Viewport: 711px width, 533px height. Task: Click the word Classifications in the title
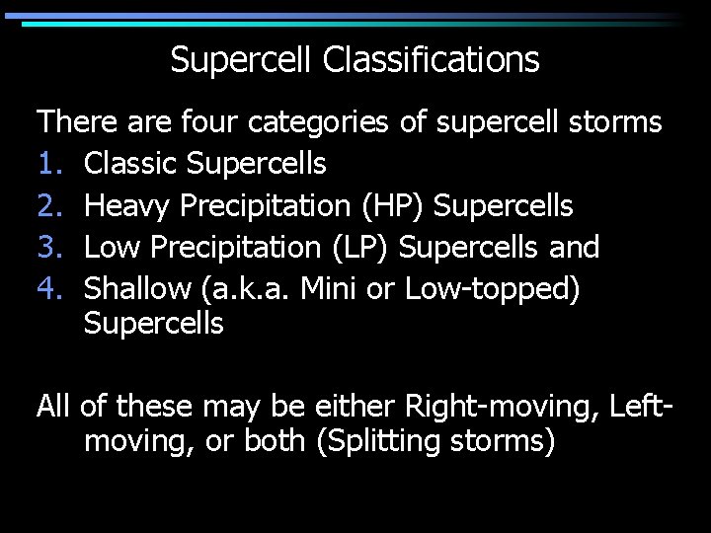click(x=431, y=61)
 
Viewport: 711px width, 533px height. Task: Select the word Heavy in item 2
click(x=127, y=205)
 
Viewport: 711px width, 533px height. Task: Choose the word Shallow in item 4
click(x=139, y=288)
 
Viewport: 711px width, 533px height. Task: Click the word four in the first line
click(x=210, y=122)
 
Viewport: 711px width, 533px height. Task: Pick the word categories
click(x=320, y=122)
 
